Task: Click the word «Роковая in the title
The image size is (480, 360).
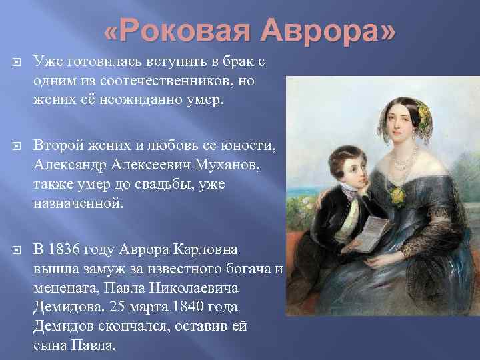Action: pos(177,31)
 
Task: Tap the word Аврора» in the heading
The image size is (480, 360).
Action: pos(327,31)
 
